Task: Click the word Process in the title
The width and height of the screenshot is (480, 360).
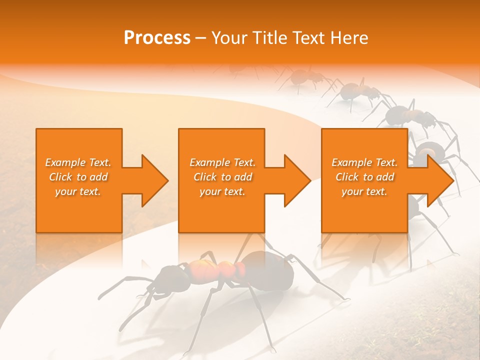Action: coord(157,38)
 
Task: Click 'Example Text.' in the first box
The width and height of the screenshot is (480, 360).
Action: coord(78,162)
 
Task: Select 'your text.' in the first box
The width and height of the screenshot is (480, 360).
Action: coord(78,191)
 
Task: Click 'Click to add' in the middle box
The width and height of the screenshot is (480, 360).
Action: coord(222,177)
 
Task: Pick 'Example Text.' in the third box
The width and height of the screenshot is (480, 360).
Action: coord(364,162)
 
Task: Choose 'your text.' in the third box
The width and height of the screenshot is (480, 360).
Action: coord(364,191)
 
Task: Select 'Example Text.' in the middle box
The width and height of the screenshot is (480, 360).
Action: coord(222,162)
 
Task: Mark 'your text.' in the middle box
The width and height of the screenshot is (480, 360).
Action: coord(222,191)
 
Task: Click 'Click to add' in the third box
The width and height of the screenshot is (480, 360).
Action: coord(364,177)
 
